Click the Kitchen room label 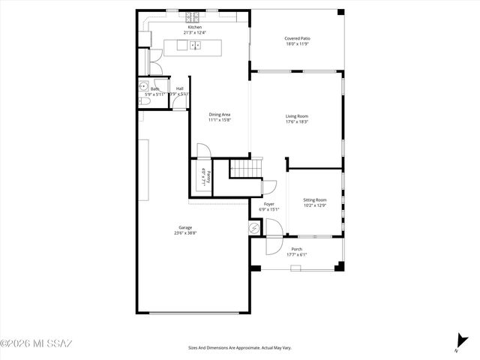[194, 28]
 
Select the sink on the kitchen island [195, 46]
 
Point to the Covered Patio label [297, 38]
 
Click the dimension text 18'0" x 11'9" [297, 44]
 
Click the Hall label [180, 88]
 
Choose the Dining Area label [219, 114]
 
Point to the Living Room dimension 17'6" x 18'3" [297, 121]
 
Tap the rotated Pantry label [208, 178]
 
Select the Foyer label [268, 204]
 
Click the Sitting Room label [315, 199]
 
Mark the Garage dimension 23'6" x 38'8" [184, 232]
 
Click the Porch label [297, 249]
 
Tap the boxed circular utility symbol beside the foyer [255, 228]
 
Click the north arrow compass [458, 342]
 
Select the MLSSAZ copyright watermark [36, 344]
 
